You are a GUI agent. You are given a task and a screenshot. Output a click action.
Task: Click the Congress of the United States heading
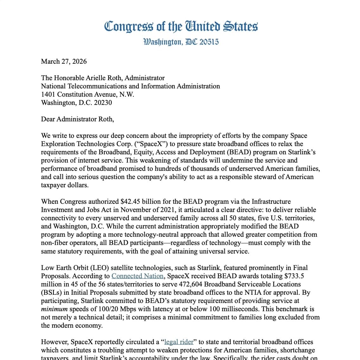tap(181, 27)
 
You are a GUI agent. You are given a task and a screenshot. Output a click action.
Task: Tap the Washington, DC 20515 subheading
tap(181, 42)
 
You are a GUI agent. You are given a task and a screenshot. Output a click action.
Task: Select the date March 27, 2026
tap(64, 61)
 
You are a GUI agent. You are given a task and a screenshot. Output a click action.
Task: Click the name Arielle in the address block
tap(98, 78)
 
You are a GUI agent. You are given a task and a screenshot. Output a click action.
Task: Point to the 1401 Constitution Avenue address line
tap(87, 94)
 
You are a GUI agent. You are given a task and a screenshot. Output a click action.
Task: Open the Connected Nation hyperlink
tap(137, 276)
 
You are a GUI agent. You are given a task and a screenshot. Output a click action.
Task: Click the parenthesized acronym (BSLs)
tap(54, 292)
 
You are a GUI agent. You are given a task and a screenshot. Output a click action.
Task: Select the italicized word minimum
tap(54, 309)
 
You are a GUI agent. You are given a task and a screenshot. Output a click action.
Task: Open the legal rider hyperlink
tap(179, 342)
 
